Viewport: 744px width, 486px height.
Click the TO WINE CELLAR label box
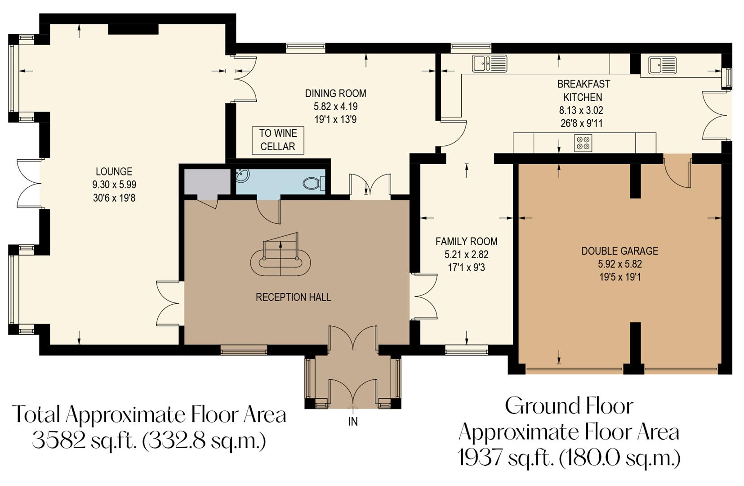[x=277, y=140]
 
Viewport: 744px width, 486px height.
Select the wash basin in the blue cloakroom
[x=242, y=175]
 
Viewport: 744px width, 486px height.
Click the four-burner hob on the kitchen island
[x=583, y=143]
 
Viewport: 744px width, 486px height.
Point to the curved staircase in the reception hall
[x=281, y=259]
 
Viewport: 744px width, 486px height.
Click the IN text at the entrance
[x=353, y=422]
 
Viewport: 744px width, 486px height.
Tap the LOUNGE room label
[x=114, y=171]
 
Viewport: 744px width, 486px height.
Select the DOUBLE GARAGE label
[x=619, y=251]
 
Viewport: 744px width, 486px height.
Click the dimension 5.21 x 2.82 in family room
[x=466, y=255]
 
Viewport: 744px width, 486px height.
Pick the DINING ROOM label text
[x=335, y=94]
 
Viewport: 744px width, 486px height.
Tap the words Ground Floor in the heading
[x=569, y=406]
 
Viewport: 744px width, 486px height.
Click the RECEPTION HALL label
[x=293, y=297]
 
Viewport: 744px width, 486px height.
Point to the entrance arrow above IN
[x=353, y=409]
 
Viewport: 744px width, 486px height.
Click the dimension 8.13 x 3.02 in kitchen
[x=581, y=110]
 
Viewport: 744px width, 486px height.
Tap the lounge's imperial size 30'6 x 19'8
[x=114, y=198]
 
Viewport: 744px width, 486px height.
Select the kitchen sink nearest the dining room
[x=489, y=63]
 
